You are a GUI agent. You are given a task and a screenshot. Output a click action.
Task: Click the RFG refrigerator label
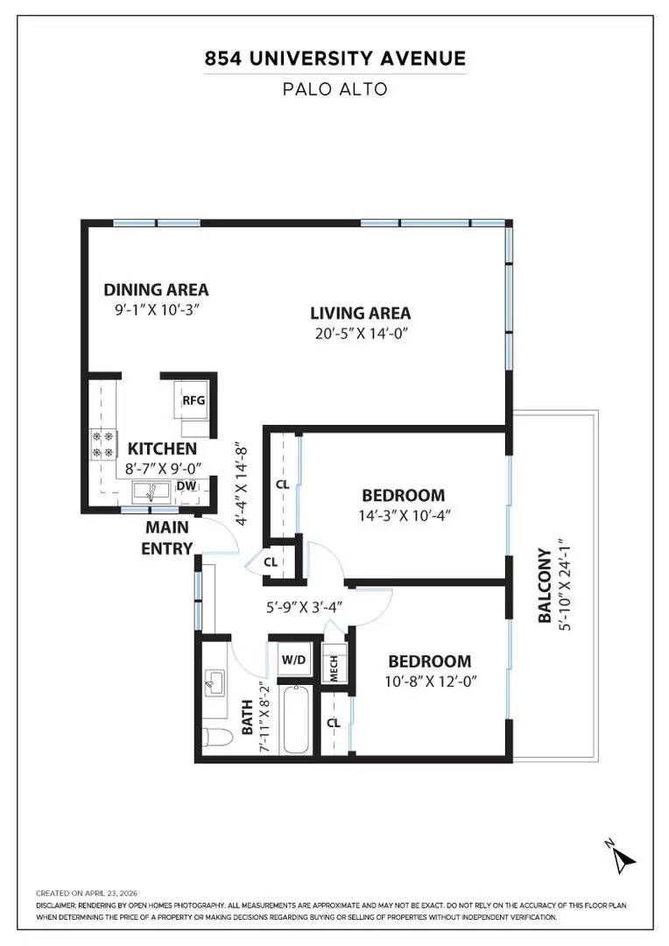coord(194,400)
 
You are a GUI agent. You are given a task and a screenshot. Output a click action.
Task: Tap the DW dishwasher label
coord(187,486)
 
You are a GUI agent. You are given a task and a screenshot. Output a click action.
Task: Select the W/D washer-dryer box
coord(293,660)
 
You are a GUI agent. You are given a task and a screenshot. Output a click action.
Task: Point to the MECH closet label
coord(334,668)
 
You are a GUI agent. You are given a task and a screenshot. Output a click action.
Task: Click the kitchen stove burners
coord(102,443)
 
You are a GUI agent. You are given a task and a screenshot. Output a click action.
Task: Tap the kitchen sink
coord(151,492)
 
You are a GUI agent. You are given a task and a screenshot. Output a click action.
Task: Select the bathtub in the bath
coord(296,719)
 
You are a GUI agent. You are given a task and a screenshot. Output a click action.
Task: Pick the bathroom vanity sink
coord(215,682)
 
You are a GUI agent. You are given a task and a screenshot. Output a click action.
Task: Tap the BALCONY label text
coord(545,585)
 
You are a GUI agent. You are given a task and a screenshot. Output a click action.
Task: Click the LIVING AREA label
coord(361,313)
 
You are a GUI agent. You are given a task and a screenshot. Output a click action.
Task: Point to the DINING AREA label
coord(156,290)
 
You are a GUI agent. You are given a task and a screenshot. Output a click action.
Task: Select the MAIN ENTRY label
coord(167,538)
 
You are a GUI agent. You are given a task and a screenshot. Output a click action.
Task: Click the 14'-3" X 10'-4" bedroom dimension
coord(405,515)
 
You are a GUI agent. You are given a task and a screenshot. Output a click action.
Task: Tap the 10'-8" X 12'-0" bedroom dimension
coord(431,681)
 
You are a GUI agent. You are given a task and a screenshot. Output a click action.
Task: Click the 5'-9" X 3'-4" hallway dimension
coord(305,606)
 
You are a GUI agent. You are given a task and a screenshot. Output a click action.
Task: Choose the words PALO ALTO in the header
coord(334,89)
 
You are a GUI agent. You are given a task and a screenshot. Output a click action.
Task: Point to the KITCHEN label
coord(162,448)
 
